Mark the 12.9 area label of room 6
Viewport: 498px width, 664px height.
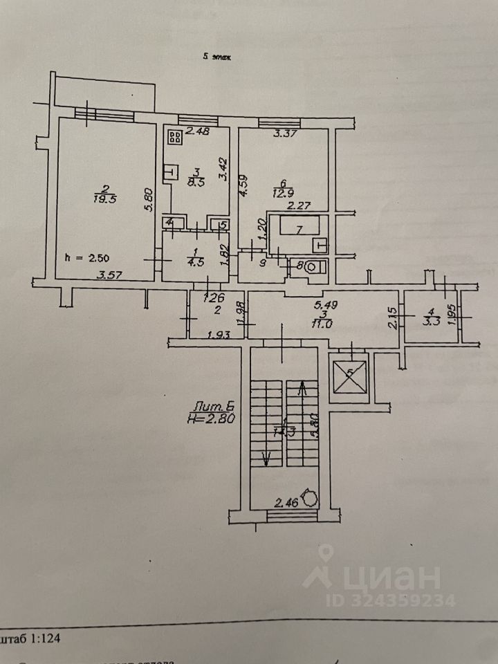285,190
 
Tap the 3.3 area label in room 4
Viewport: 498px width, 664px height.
431,320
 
